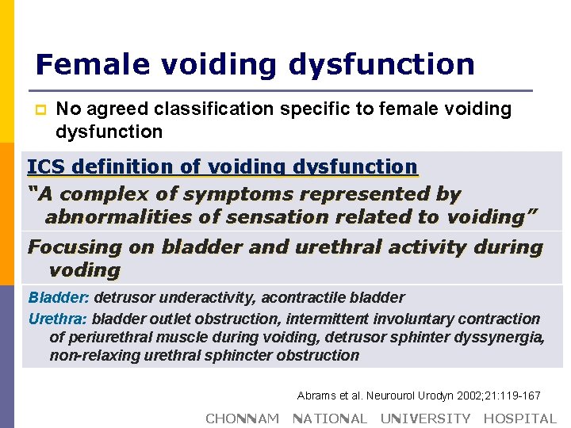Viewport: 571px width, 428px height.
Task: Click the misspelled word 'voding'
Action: click(x=84, y=270)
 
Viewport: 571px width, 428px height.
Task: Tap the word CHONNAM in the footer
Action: click(x=242, y=418)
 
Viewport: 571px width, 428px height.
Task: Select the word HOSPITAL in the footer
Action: click(x=520, y=418)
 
